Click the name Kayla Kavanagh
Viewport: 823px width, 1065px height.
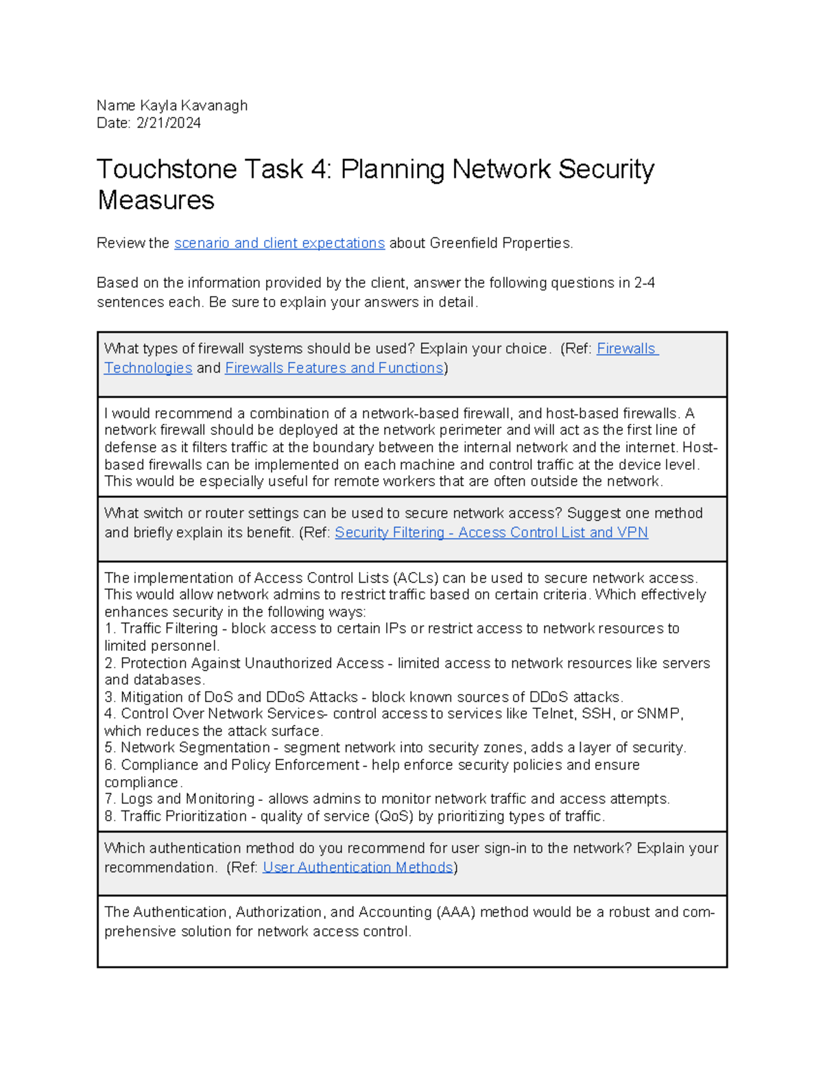click(x=193, y=106)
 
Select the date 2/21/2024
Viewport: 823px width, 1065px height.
click(x=168, y=123)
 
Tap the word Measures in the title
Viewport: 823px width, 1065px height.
click(x=156, y=200)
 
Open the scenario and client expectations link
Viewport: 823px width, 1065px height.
click(x=279, y=243)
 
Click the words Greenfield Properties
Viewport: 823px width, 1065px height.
click(x=500, y=243)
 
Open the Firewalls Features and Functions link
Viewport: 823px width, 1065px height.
click(x=334, y=368)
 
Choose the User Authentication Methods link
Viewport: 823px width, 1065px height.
click(x=357, y=867)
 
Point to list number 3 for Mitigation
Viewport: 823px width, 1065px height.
click(x=110, y=697)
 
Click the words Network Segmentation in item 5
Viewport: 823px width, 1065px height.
click(x=195, y=748)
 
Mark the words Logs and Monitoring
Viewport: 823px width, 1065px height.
click(x=187, y=800)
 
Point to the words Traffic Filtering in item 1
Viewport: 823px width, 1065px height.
click(x=169, y=629)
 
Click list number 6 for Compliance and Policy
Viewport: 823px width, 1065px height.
click(x=110, y=765)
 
